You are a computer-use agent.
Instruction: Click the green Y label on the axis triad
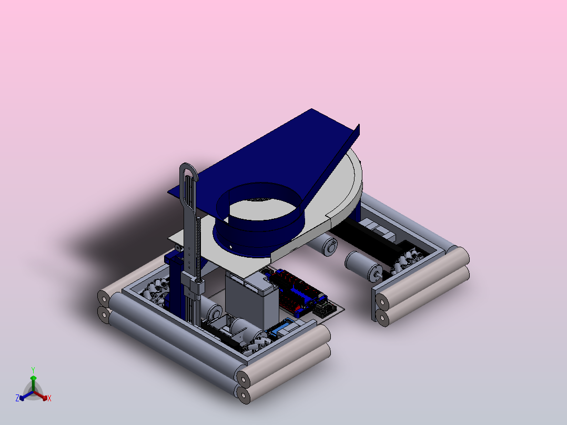(x=33, y=370)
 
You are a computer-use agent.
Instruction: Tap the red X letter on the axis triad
(x=49, y=398)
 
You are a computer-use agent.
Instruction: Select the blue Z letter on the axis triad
(x=17, y=398)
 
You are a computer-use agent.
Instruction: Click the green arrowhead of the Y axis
(x=33, y=378)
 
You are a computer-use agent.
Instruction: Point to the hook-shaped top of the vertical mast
(x=188, y=170)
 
